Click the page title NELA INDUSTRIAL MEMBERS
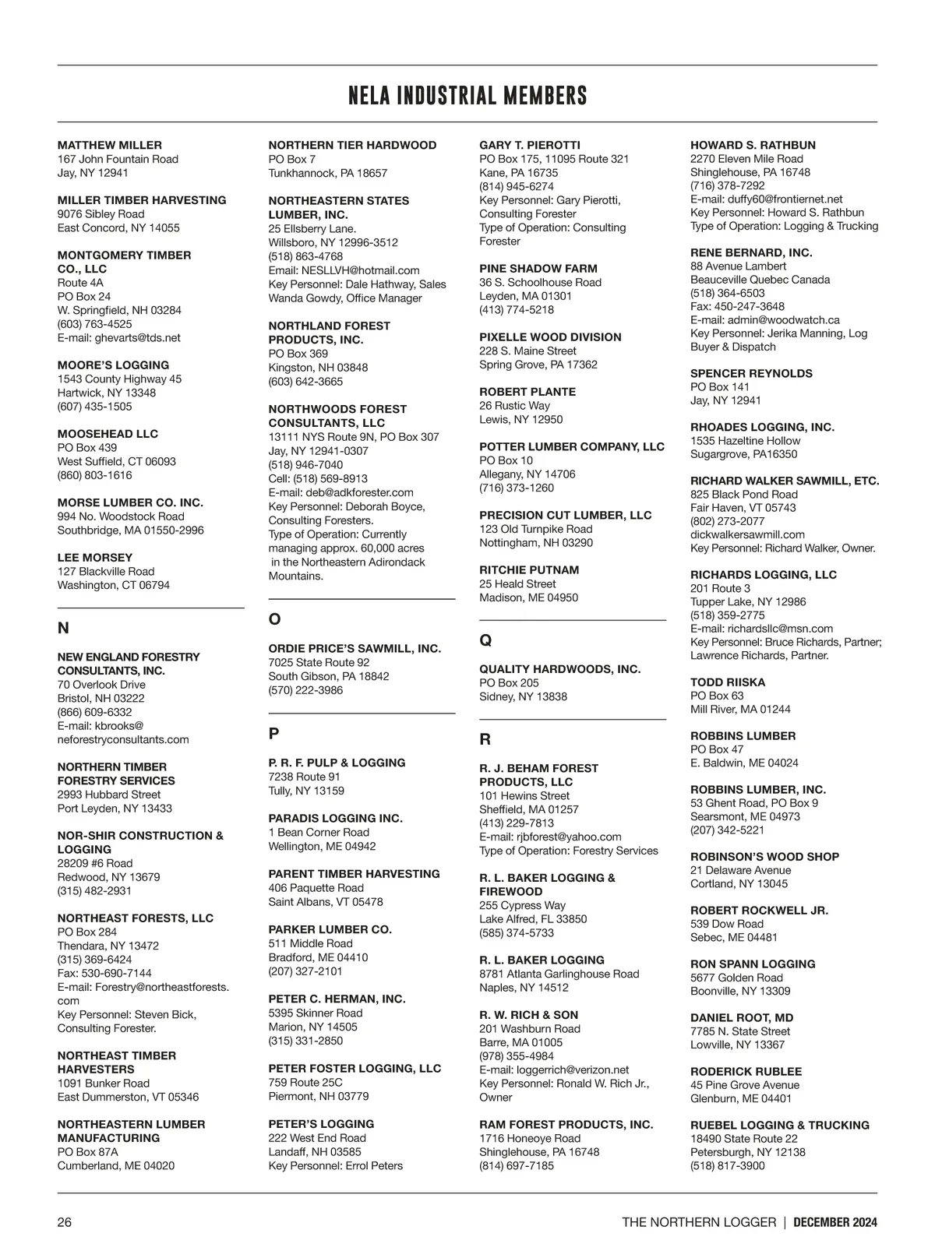pyautogui.click(x=467, y=96)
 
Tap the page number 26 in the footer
pyautogui.click(x=65, y=1222)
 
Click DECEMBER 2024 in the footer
pyautogui.click(x=835, y=1222)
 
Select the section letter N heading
pyautogui.click(x=63, y=628)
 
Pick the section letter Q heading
pyautogui.click(x=485, y=640)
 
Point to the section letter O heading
pyautogui.click(x=274, y=619)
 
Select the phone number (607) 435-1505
pyautogui.click(x=95, y=407)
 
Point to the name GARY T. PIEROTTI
pyautogui.click(x=530, y=145)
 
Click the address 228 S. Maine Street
pyautogui.click(x=527, y=351)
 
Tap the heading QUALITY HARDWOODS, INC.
pyautogui.click(x=559, y=669)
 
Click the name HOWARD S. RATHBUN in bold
pyautogui.click(x=753, y=145)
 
